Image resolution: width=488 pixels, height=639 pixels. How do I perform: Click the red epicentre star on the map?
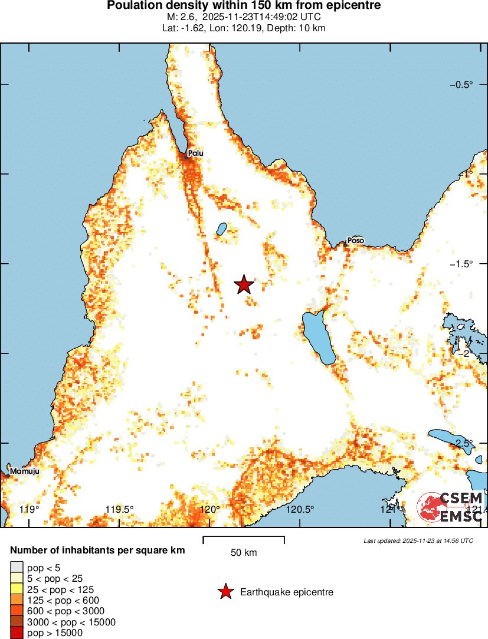(244, 284)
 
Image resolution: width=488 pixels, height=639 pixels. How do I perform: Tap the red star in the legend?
(225, 592)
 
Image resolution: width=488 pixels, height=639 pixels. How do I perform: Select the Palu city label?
(195, 153)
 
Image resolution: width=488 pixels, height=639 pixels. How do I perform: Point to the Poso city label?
(355, 241)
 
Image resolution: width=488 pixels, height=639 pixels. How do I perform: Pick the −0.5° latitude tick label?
(461, 84)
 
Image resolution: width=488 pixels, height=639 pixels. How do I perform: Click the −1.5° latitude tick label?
(461, 264)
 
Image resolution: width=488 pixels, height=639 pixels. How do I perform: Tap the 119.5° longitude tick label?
(119, 509)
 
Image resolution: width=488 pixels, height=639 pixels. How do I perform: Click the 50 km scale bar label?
(244, 553)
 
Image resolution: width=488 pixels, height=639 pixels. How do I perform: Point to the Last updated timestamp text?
(418, 540)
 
